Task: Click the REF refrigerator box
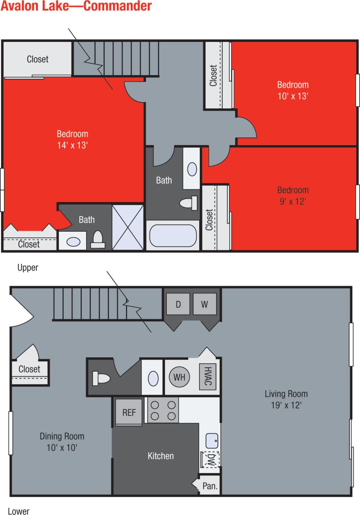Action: (x=129, y=412)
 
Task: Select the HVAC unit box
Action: (x=207, y=377)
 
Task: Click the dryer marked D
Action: (x=178, y=304)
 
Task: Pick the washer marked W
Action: (x=205, y=304)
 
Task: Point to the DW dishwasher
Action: (x=211, y=459)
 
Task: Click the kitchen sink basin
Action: (x=212, y=440)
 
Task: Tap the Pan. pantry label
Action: (x=210, y=486)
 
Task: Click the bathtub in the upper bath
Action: (x=173, y=236)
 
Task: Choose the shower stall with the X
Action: (x=128, y=227)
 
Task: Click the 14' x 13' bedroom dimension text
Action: (x=72, y=145)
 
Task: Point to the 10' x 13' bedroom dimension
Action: (x=293, y=96)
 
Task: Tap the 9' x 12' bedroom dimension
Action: (x=293, y=201)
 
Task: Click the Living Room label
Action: (x=286, y=393)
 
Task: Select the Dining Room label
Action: (x=62, y=436)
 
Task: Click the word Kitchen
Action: (x=161, y=456)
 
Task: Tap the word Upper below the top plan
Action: (x=28, y=267)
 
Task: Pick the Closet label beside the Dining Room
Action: (x=29, y=369)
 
